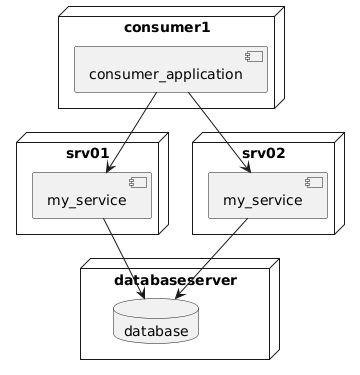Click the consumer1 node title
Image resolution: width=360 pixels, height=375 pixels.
pyautogui.click(x=167, y=28)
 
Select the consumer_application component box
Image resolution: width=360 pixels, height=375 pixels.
pyautogui.click(x=171, y=69)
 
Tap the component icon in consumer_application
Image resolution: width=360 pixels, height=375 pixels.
pyautogui.click(x=254, y=56)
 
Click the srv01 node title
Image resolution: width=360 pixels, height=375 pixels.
pyautogui.click(x=88, y=154)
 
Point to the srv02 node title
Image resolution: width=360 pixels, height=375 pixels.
pyautogui.click(x=264, y=154)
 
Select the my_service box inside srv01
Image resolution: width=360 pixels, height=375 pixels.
pyautogui.click(x=92, y=195)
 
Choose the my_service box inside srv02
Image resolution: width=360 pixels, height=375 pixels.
pyautogui.click(x=268, y=195)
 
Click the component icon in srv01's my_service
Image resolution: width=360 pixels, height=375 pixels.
pyautogui.click(x=138, y=183)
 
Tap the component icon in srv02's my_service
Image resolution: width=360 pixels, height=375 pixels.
pyautogui.click(x=314, y=183)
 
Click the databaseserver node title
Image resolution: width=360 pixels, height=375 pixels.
pyautogui.click(x=175, y=280)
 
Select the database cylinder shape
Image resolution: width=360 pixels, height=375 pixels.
pyautogui.click(x=156, y=321)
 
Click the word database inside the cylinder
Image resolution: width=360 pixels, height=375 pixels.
pyautogui.click(x=156, y=331)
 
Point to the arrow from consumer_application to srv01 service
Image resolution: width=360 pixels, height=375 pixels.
pyautogui.click(x=131, y=133)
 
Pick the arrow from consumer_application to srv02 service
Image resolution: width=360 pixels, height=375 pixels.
pyautogui.click(x=219, y=133)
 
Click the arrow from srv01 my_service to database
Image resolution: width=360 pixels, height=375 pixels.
pyautogui.click(x=124, y=259)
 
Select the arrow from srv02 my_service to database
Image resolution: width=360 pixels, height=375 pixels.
pyautogui.click(x=211, y=259)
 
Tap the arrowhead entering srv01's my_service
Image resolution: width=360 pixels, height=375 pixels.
pyautogui.click(x=110, y=167)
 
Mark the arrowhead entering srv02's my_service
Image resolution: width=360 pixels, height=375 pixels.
pyautogui.click(x=247, y=167)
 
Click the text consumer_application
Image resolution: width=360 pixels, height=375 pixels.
pyautogui.click(x=166, y=74)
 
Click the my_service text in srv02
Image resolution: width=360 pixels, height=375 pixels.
pyautogui.click(x=263, y=201)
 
